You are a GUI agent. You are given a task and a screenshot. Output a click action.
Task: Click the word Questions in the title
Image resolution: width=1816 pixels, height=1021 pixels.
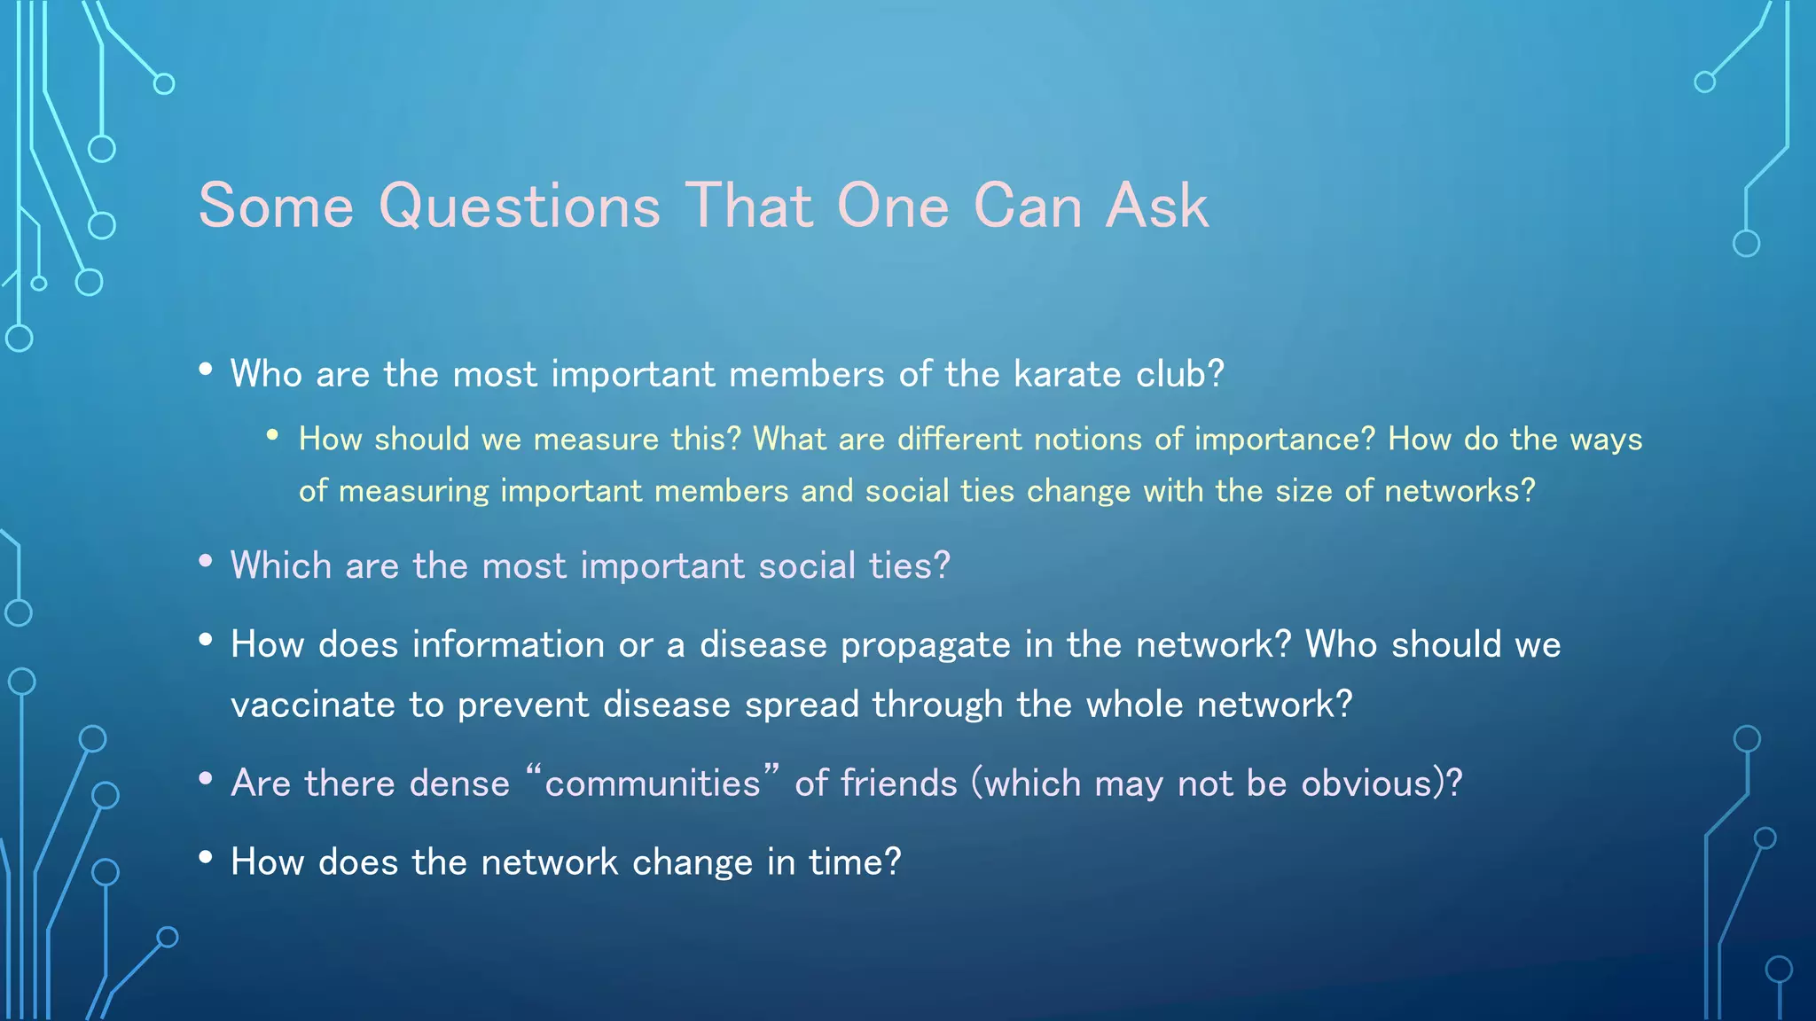520,207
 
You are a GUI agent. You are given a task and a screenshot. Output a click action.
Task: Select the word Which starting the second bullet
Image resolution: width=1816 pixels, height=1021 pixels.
280,565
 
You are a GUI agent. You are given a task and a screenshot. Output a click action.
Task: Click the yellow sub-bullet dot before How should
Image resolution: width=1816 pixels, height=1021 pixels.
273,434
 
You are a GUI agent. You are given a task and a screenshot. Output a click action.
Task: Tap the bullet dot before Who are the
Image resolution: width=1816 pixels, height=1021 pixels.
206,369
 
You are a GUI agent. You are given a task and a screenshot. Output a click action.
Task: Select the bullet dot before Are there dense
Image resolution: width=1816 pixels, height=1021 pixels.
206,778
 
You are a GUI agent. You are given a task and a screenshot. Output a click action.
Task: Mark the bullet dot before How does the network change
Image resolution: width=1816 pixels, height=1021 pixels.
206,857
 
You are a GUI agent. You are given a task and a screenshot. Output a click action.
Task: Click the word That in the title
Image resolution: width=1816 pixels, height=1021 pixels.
748,207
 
